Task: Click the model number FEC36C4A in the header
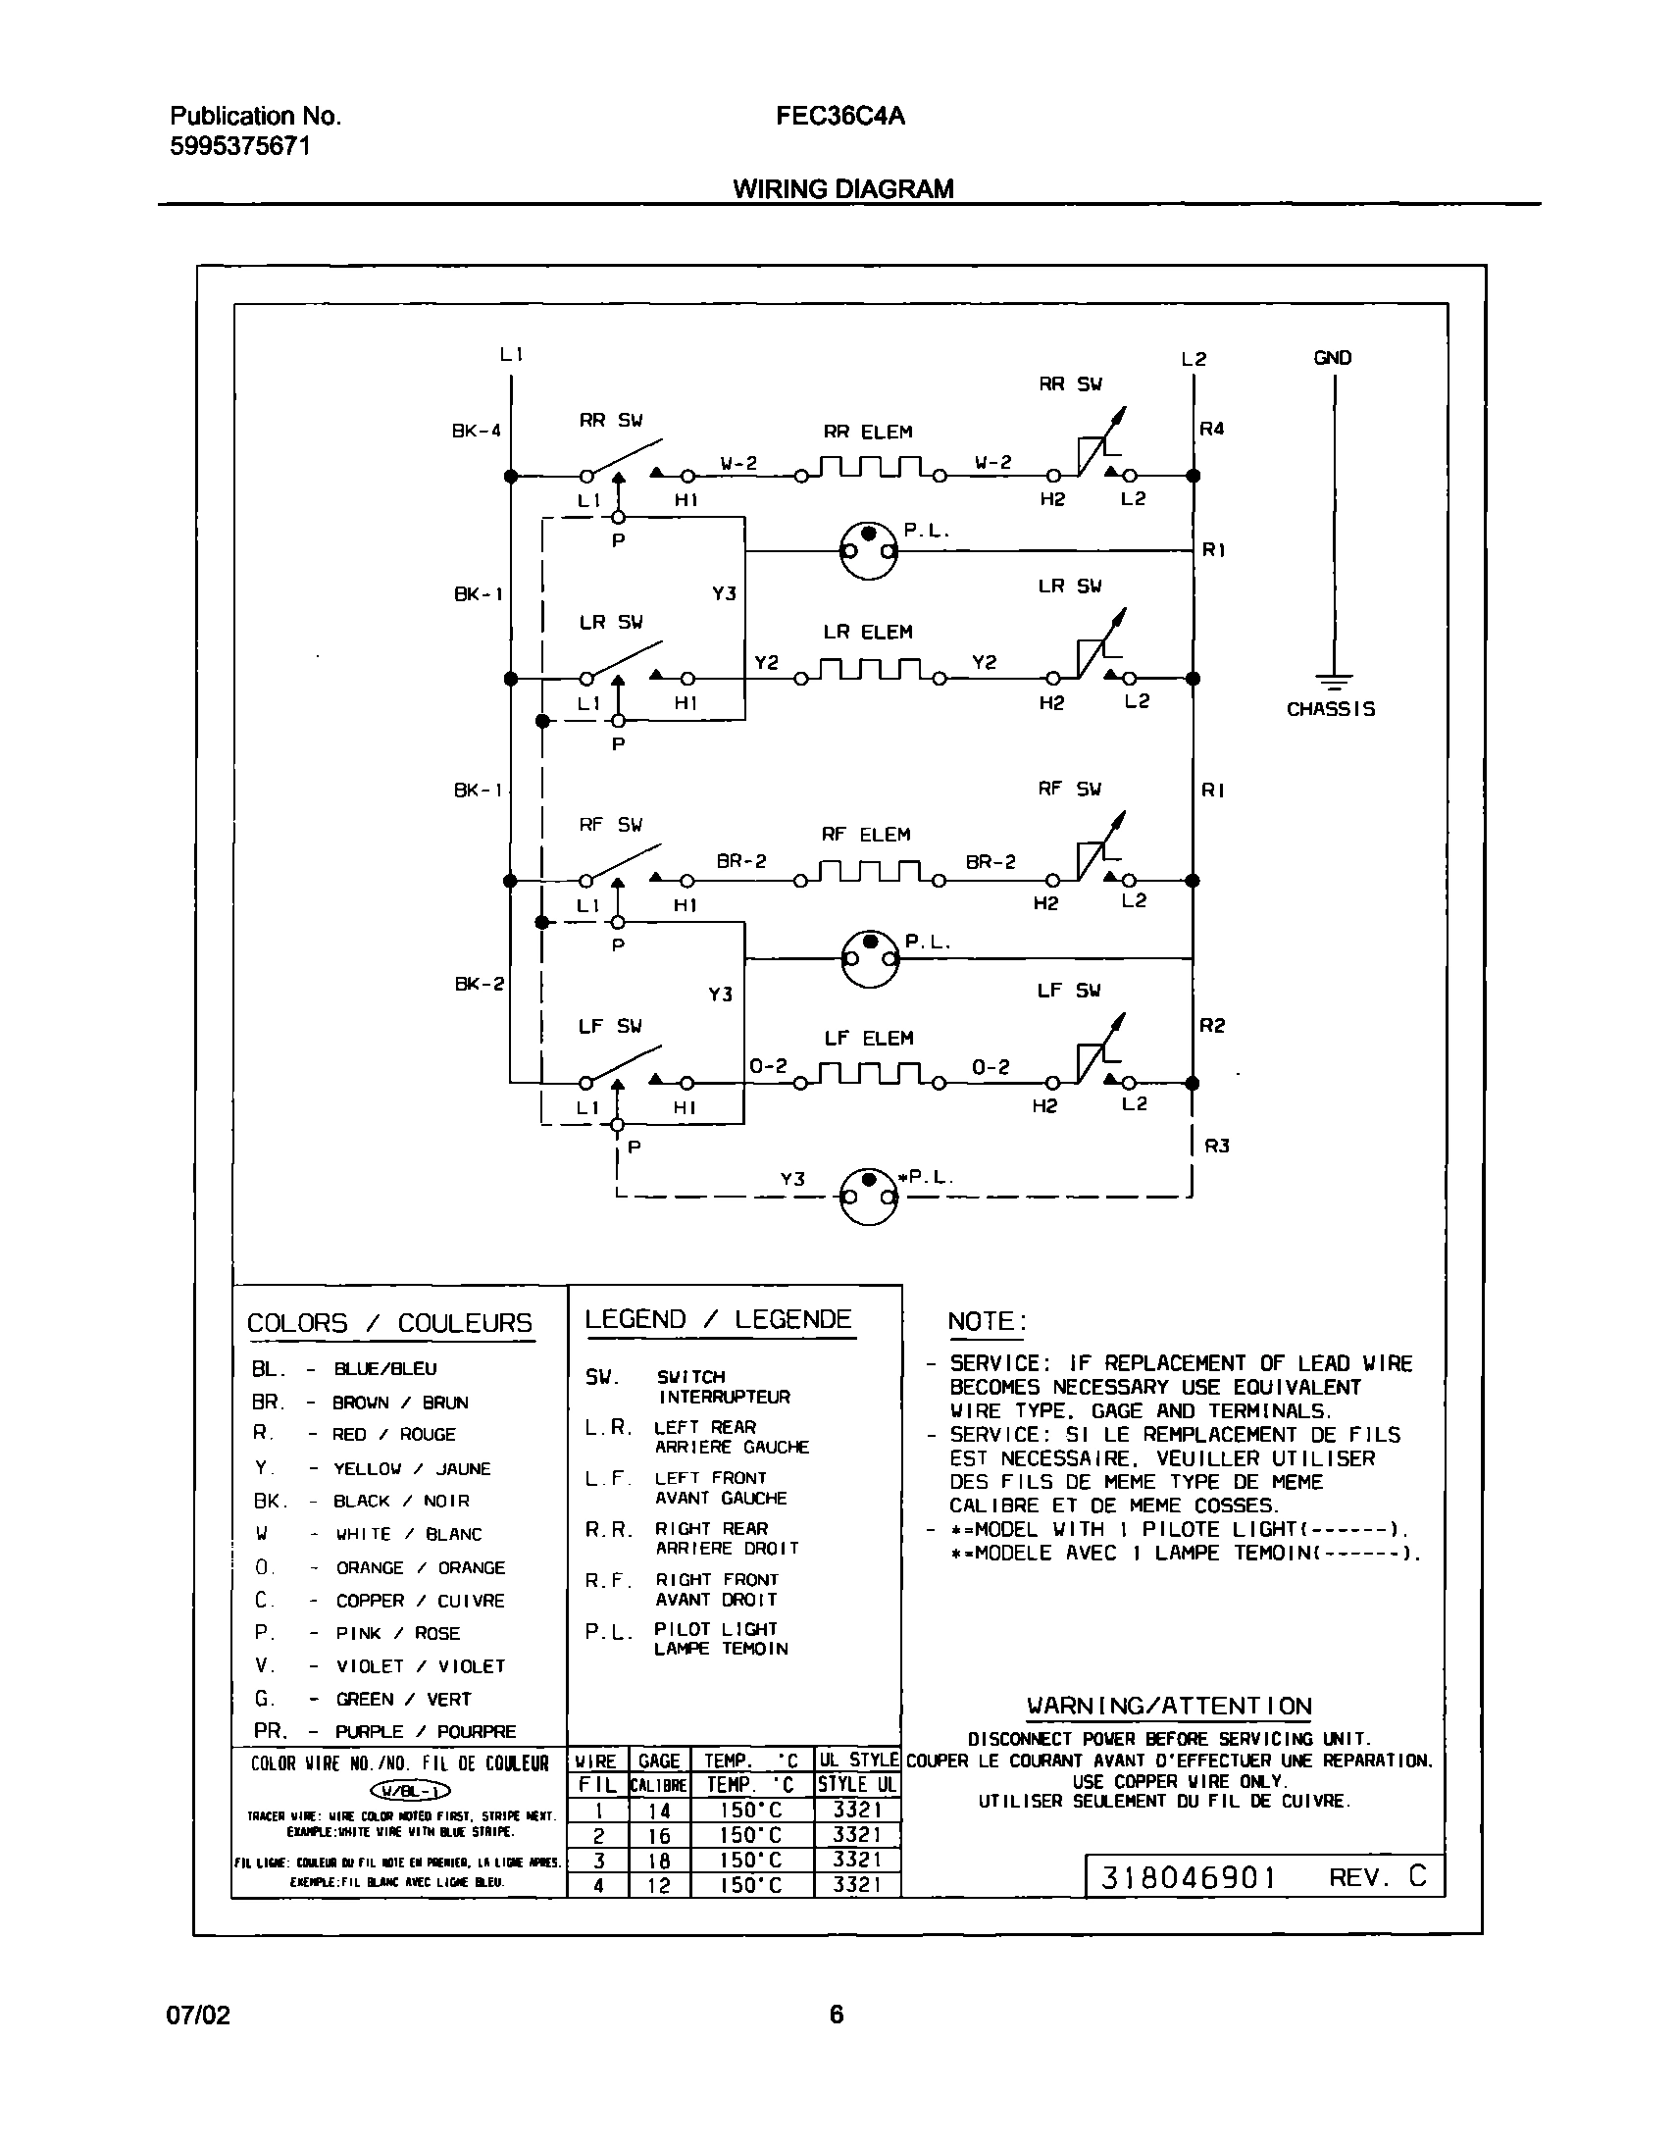839,117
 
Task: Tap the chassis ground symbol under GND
1333,681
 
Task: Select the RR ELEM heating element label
868,432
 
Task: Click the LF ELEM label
869,1039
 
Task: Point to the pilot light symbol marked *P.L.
870,1196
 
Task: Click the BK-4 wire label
477,430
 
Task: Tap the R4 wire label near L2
1211,429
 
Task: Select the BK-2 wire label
480,984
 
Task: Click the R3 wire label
1216,1146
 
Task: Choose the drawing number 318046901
1187,1877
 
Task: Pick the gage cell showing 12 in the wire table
659,1885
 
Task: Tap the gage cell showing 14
659,1810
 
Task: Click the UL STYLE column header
858,1760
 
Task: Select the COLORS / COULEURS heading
388,1323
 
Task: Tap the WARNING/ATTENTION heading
1168,1706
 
